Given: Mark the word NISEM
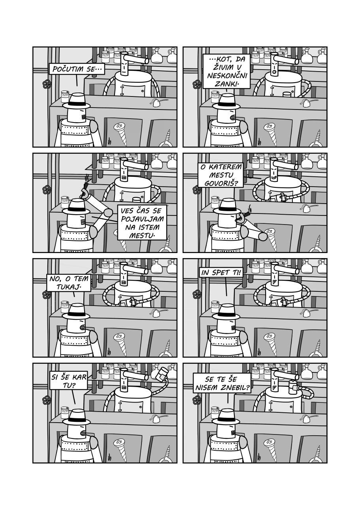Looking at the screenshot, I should tap(209, 387).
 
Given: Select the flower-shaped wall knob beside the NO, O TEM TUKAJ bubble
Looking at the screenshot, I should tap(47, 295).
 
